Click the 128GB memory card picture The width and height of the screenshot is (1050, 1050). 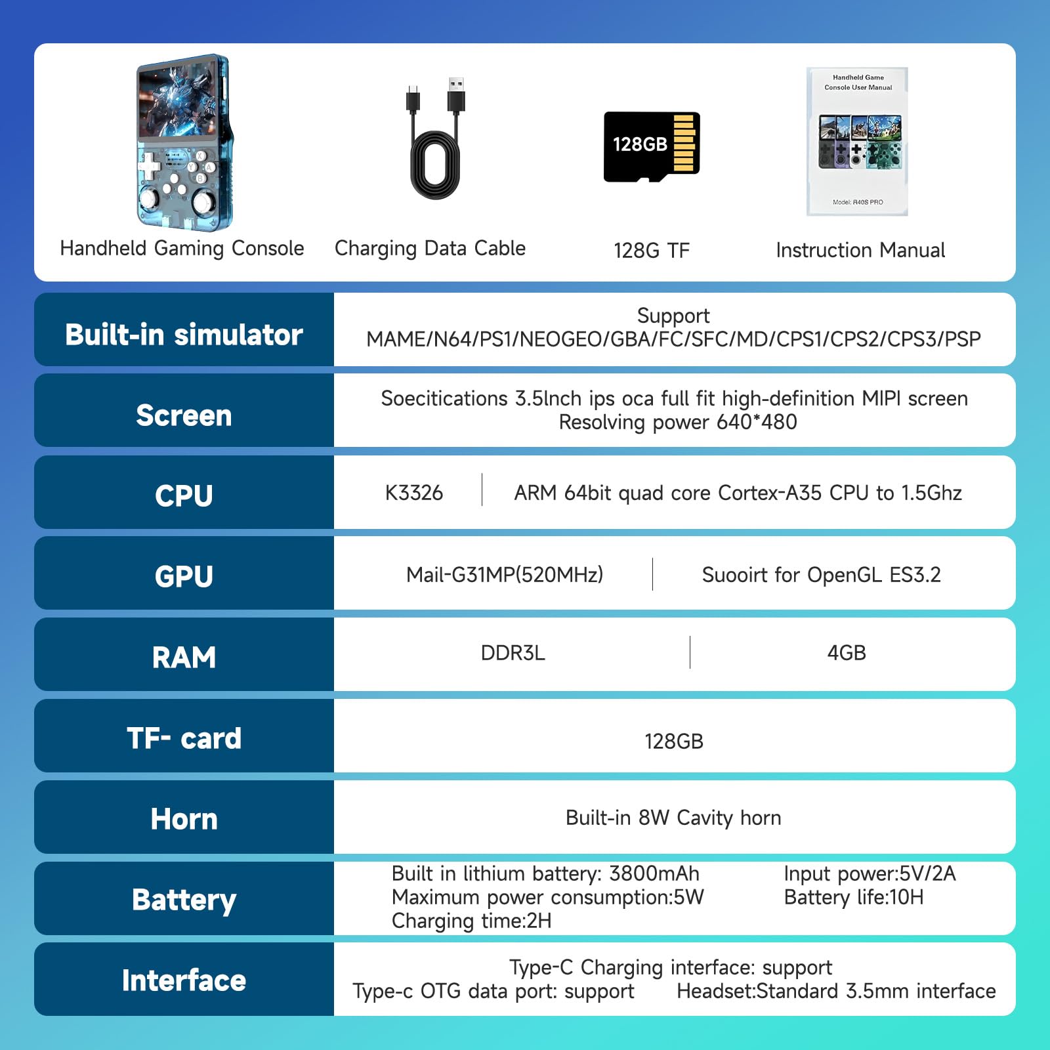tap(652, 146)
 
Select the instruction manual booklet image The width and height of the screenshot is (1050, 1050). tap(857, 142)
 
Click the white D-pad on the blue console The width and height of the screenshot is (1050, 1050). tap(150, 166)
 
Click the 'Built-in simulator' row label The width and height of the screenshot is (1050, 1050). tap(184, 335)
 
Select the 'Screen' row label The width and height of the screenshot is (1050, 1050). tap(184, 415)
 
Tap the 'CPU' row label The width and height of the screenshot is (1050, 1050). tap(184, 496)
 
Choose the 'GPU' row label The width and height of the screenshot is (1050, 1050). tap(184, 577)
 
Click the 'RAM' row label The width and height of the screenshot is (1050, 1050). tap(184, 658)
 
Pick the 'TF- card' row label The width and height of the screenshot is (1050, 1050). tap(184, 738)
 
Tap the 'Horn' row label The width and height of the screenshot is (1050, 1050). tap(184, 819)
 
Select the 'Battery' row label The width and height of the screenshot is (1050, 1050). tap(184, 900)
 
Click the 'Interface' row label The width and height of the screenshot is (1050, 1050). tap(184, 980)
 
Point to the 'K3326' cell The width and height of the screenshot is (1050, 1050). tap(414, 493)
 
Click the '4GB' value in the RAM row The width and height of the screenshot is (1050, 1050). tap(847, 653)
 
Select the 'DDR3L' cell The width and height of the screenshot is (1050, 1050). tap(513, 653)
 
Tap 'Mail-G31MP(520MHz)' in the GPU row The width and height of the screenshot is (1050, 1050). tap(505, 575)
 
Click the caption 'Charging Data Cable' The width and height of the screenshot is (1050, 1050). tap(430, 248)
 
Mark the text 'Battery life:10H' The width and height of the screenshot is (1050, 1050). tap(854, 897)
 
